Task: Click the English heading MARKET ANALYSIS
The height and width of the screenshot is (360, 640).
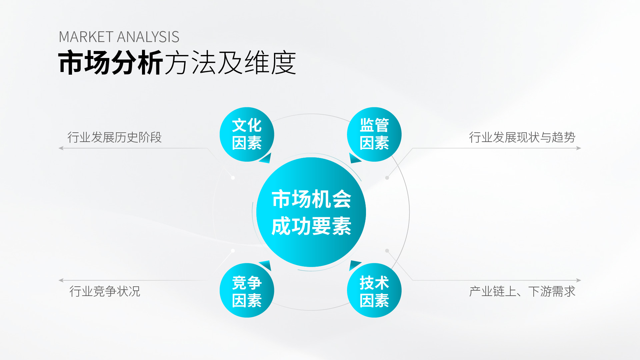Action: (119, 37)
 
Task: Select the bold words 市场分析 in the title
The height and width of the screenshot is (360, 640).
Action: (111, 63)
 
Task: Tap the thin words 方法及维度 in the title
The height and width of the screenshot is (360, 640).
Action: (230, 63)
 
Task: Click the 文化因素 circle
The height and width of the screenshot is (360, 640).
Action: (247, 134)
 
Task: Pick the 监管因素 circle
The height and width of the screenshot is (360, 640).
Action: (374, 134)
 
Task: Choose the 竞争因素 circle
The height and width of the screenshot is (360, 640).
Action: (247, 290)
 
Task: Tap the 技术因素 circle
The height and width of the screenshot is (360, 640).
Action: (374, 290)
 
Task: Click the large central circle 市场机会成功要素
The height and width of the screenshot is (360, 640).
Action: (311, 212)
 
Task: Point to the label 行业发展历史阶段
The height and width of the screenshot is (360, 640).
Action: (114, 137)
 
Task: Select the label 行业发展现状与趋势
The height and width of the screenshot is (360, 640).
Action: (522, 137)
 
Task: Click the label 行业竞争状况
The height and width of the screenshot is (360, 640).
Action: (105, 291)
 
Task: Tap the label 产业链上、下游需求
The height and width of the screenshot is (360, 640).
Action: (522, 291)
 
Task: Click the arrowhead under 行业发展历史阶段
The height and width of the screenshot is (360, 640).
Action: (61, 148)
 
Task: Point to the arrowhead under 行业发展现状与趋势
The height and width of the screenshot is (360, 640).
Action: (579, 148)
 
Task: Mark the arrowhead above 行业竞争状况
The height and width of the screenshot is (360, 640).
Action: (61, 280)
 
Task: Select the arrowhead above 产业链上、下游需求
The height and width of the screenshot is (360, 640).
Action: (579, 280)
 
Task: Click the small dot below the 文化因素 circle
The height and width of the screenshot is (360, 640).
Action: (233, 178)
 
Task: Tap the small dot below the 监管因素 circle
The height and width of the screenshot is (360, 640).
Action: (387, 178)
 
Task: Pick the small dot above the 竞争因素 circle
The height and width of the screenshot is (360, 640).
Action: (233, 251)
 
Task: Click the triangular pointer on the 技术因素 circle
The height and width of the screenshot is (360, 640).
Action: (354, 265)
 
